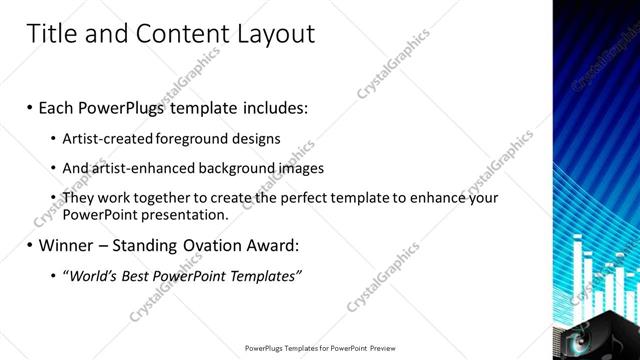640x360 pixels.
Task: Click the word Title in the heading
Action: point(50,34)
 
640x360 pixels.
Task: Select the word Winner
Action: point(71,244)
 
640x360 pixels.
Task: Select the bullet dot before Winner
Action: point(31,245)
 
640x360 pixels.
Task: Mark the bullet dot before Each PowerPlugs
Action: point(31,106)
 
